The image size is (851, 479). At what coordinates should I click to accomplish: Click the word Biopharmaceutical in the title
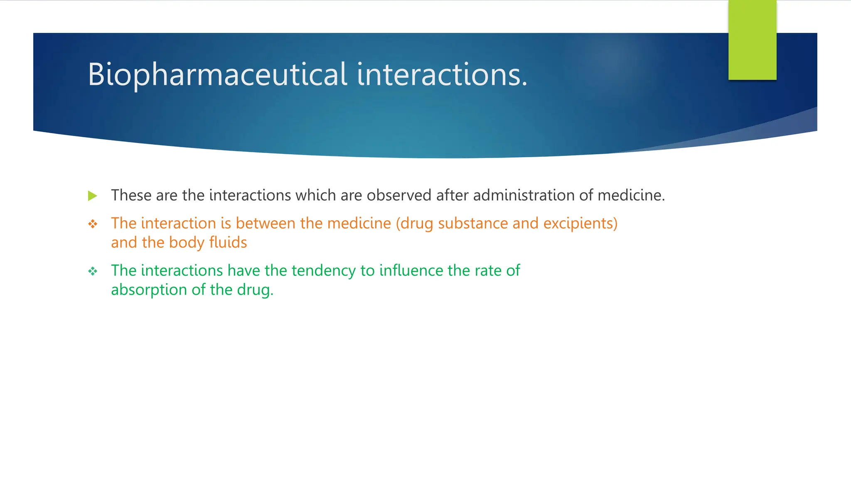point(217,75)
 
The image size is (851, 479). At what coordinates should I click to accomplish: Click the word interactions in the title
point(442,75)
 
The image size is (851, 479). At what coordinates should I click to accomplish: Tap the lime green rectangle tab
point(752,40)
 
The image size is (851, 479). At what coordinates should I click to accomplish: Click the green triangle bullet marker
point(93,196)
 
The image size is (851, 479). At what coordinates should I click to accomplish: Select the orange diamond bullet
point(93,225)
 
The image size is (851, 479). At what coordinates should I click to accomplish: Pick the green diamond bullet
point(93,272)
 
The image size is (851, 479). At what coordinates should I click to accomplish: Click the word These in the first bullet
point(131,195)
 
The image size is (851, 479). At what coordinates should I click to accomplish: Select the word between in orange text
point(266,224)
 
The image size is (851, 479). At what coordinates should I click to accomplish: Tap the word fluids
point(228,242)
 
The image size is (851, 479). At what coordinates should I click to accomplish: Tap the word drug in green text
point(255,290)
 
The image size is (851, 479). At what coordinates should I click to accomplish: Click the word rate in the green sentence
point(488,271)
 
